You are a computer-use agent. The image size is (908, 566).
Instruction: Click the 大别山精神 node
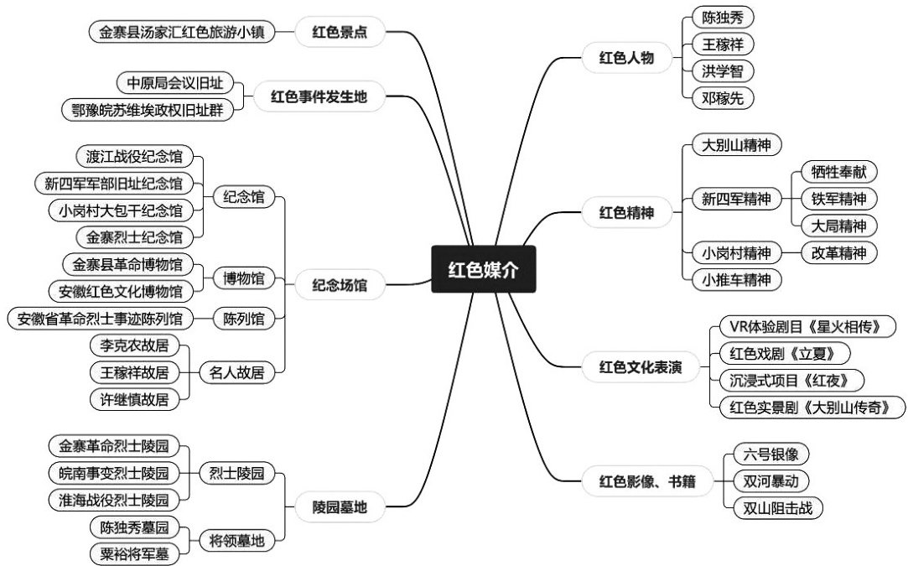[x=737, y=145]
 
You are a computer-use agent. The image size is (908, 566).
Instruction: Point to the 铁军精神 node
[x=833, y=199]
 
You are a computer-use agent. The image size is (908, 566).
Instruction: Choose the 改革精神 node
[x=833, y=252]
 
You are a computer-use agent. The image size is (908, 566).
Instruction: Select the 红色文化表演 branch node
[x=640, y=366]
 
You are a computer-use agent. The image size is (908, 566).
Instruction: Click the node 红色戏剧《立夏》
[x=782, y=353]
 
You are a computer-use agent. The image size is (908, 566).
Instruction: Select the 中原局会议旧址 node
[x=174, y=83]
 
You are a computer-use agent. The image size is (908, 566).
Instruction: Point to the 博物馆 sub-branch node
[x=243, y=278]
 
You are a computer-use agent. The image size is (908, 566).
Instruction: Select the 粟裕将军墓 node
[x=133, y=553]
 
